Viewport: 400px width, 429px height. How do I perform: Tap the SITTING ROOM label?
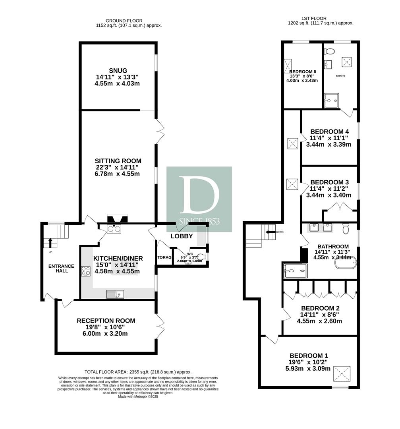pos(118,161)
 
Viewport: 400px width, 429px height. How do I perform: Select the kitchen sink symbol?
pos(115,294)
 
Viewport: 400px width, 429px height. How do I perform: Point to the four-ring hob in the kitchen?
pos(86,271)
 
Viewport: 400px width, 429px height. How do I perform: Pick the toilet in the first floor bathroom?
pos(346,228)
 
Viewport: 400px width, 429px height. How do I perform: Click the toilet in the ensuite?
pos(329,50)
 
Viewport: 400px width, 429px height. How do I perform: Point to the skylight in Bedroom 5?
pos(288,65)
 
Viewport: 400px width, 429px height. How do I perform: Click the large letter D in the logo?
pos(199,195)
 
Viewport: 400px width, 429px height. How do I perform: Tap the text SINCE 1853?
pos(199,222)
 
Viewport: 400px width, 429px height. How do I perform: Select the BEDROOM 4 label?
pos(329,131)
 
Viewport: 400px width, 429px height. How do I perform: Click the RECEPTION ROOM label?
pos(106,321)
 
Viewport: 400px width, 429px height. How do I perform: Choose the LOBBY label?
pos(182,236)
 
